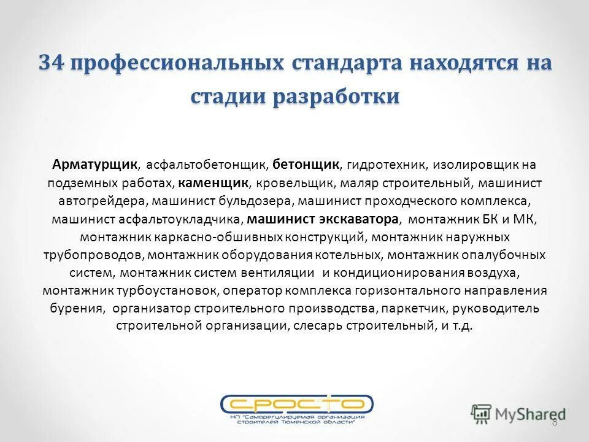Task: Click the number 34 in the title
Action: point(52,63)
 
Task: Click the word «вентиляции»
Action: point(285,273)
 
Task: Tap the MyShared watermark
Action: point(518,413)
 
